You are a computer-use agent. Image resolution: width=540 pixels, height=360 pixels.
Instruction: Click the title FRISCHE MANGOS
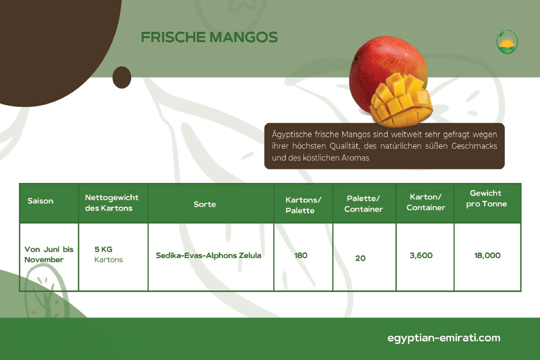(209, 37)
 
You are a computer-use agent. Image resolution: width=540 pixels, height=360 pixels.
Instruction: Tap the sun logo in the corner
(507, 42)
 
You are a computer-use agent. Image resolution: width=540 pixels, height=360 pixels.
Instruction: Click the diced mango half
(401, 100)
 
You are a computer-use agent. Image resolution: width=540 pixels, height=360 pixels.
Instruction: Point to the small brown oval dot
(122, 77)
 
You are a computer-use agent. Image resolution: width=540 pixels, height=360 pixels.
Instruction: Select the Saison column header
(40, 201)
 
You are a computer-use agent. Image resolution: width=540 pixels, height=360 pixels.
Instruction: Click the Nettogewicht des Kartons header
(112, 203)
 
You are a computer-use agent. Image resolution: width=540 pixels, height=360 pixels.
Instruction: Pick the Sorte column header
(205, 204)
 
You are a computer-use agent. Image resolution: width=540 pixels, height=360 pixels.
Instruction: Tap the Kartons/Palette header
(303, 205)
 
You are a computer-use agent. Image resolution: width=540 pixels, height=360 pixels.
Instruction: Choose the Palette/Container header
(363, 203)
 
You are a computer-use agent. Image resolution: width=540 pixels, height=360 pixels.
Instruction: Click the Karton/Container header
(426, 202)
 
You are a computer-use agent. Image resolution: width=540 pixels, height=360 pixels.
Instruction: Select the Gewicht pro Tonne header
(487, 198)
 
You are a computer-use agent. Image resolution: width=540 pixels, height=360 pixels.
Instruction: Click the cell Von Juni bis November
(49, 254)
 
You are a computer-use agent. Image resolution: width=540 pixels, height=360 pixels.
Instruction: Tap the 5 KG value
(103, 249)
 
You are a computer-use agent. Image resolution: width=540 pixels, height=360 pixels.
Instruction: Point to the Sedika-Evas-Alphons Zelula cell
(208, 255)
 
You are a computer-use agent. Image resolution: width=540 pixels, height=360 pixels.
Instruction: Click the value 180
(301, 255)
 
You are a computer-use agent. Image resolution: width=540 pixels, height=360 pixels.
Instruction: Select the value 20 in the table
(360, 258)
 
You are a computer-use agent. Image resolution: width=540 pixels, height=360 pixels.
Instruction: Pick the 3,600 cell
(421, 255)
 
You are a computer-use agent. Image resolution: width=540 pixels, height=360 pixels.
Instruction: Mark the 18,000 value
(487, 255)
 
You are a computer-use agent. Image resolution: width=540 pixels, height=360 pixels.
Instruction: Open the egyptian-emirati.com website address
(443, 338)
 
